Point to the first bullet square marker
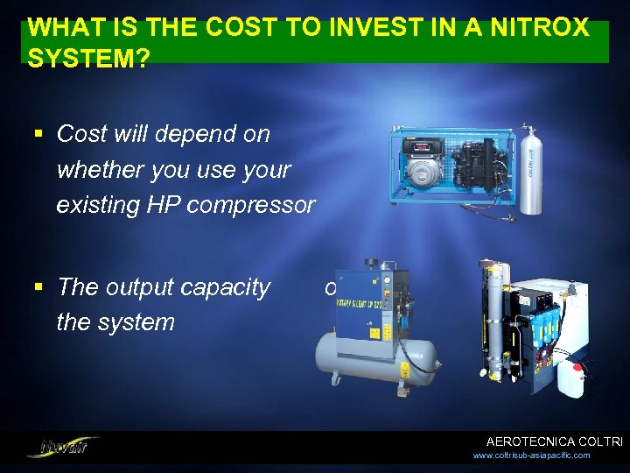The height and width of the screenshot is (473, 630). [x=38, y=134]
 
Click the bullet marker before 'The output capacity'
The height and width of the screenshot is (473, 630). [x=38, y=287]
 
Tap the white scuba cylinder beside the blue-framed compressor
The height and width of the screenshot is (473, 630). [x=530, y=171]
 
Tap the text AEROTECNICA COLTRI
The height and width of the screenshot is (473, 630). [x=553, y=441]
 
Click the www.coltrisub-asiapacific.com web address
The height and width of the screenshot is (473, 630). [x=530, y=455]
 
